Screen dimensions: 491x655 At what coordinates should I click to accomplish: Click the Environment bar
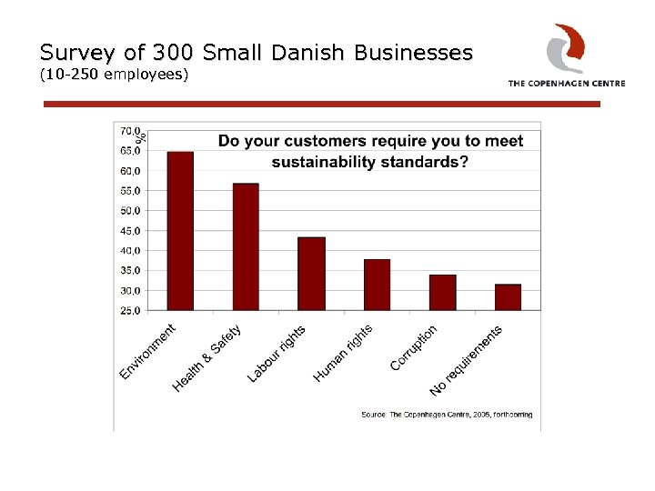(180, 231)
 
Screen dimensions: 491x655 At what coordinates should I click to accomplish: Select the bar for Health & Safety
(246, 246)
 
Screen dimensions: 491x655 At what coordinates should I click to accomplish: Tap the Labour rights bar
(311, 274)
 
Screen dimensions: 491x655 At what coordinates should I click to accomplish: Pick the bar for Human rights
(377, 285)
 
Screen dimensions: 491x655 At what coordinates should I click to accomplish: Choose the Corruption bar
(442, 292)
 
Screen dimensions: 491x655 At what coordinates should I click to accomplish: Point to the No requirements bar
(508, 297)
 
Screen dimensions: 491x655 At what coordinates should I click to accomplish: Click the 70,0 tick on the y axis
(130, 131)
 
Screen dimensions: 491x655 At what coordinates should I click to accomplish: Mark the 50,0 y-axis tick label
(130, 211)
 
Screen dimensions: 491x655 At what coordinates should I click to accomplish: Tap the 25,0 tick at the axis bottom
(130, 311)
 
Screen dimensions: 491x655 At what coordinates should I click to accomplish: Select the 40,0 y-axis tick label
(130, 251)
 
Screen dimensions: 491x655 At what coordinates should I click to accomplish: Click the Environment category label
(148, 352)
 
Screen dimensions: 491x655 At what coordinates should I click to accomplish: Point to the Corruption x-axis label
(414, 348)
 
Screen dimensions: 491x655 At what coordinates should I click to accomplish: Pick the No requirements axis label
(466, 360)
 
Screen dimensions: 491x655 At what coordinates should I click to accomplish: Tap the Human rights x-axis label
(343, 354)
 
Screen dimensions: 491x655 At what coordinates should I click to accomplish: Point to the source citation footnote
(447, 415)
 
